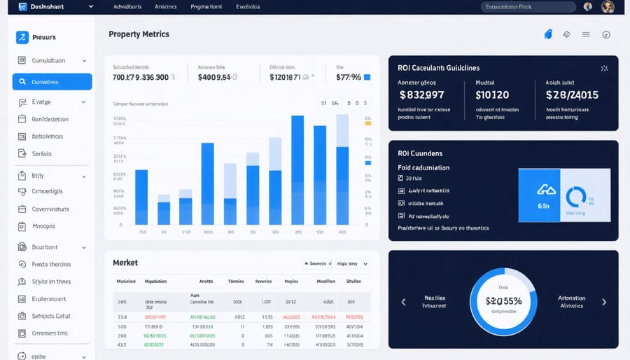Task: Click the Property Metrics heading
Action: point(139,34)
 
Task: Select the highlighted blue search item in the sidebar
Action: point(52,82)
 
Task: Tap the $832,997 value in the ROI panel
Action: point(421,95)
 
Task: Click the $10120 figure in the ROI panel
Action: point(492,95)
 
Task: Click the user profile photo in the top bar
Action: point(608,7)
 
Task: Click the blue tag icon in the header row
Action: point(548,34)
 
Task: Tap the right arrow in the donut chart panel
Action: point(604,302)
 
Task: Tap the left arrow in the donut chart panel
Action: point(403,302)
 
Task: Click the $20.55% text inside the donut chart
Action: point(503,300)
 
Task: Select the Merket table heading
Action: point(125,263)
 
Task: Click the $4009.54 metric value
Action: point(218,77)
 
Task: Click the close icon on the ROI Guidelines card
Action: point(604,69)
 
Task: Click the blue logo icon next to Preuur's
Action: point(22,37)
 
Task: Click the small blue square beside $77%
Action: point(367,77)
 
